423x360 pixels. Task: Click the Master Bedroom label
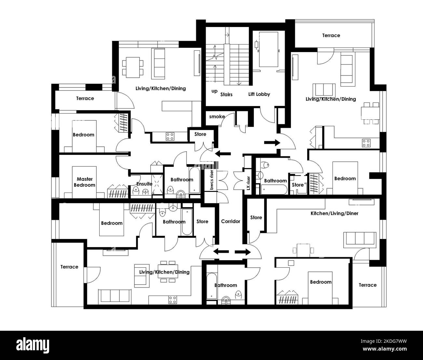pyautogui.click(x=85, y=182)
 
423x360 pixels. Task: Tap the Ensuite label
pyautogui.click(x=144, y=184)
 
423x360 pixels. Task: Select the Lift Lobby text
pyautogui.click(x=259, y=94)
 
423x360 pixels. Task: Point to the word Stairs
pyautogui.click(x=226, y=95)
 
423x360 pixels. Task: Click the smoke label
pyautogui.click(x=217, y=116)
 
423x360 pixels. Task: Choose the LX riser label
pyautogui.click(x=248, y=183)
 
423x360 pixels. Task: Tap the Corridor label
pyautogui.click(x=230, y=221)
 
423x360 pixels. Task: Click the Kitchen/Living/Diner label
pyautogui.click(x=334, y=213)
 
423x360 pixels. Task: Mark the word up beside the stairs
pyautogui.click(x=214, y=91)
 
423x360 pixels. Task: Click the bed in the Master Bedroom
pyautogui.click(x=85, y=182)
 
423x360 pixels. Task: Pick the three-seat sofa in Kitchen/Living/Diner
pyautogui.click(x=361, y=238)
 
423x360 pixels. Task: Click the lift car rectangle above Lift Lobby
pyautogui.click(x=268, y=49)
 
